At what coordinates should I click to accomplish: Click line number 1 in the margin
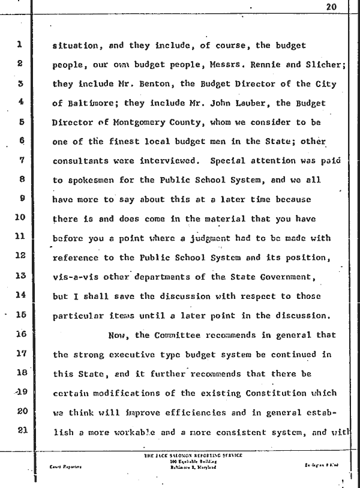click(x=20, y=44)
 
